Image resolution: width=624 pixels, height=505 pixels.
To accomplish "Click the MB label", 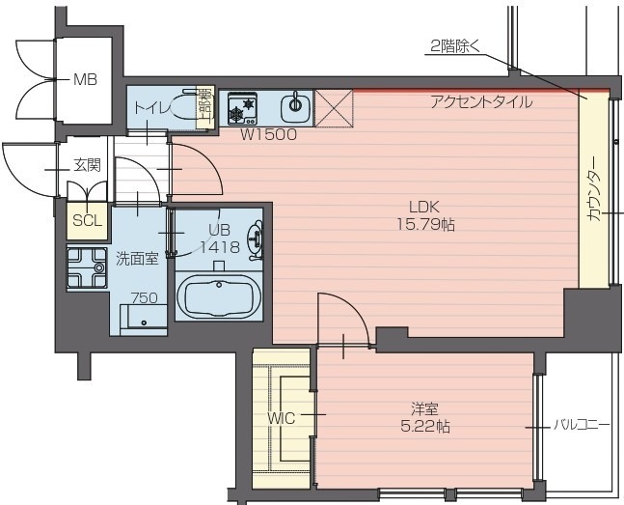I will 86,79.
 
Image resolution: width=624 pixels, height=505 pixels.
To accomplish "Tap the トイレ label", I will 151,107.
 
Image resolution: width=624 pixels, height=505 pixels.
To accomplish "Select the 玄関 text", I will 87,165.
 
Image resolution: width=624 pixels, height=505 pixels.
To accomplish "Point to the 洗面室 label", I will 136,258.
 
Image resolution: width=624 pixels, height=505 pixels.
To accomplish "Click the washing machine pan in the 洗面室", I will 87,269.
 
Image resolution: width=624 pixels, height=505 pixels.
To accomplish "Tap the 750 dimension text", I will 144,298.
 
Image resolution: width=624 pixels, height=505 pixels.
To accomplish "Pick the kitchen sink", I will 293,105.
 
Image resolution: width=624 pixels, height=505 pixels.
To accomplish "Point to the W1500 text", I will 268,135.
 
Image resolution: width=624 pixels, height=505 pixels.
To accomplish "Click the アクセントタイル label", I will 480,101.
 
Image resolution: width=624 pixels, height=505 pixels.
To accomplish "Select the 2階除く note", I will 452,46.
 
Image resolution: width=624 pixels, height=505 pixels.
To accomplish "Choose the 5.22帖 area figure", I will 424,426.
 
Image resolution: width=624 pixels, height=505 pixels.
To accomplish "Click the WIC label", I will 281,418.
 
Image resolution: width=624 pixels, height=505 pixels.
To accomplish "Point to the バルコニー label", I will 582,424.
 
